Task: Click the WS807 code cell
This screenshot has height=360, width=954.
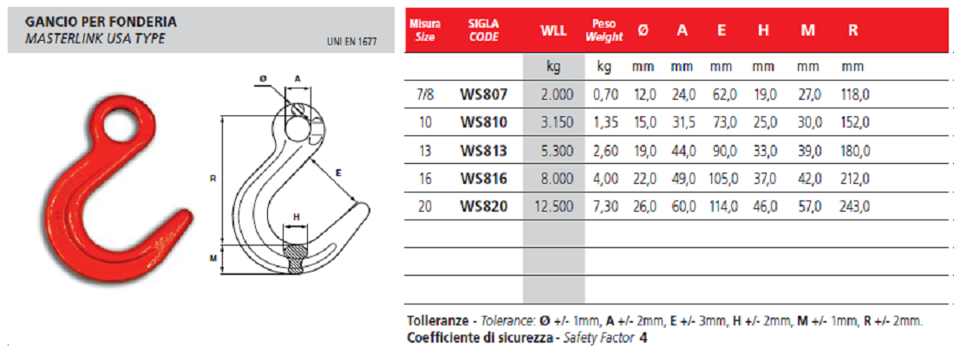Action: tap(484, 95)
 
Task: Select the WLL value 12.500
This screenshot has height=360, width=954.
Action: tap(553, 206)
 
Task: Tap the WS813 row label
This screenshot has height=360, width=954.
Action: tap(484, 151)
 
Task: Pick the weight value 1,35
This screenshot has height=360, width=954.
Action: tap(604, 123)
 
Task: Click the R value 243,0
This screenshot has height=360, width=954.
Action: tap(855, 206)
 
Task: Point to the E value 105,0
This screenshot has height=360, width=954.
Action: tap(722, 179)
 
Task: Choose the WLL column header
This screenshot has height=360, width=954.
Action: tap(553, 31)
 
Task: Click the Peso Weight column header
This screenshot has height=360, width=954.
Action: tap(604, 31)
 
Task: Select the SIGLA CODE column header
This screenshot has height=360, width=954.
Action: tap(484, 30)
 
